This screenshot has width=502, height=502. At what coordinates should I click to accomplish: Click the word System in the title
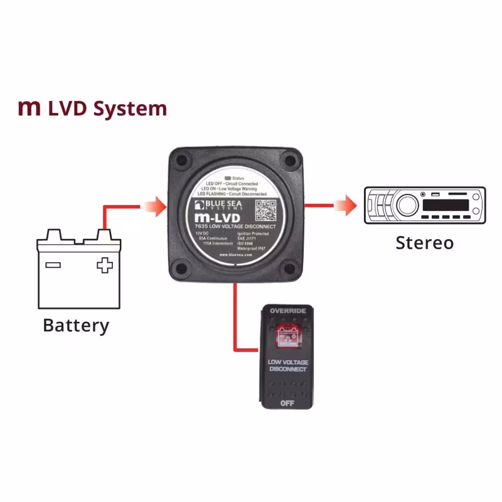tap(130, 109)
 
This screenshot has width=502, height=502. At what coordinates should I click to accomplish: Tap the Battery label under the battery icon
tap(76, 326)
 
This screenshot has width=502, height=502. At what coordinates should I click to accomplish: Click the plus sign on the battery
tap(104, 265)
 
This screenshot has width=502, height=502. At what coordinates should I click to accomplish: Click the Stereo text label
tap(424, 242)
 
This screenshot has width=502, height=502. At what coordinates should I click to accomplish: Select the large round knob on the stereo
tap(406, 205)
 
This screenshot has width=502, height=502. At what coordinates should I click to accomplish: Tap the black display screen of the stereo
tap(446, 205)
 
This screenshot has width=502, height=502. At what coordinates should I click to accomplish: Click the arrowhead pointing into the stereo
tap(342, 205)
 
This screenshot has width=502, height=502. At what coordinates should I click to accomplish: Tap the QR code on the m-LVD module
tap(265, 208)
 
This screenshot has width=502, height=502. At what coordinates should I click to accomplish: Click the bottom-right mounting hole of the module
tap(290, 269)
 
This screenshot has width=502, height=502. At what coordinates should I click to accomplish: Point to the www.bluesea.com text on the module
tap(236, 255)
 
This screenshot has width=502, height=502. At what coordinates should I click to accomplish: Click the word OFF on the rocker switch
tap(287, 402)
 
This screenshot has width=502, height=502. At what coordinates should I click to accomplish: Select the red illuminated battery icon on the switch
tap(287, 337)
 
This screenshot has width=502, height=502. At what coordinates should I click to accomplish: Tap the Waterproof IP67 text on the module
tap(254, 248)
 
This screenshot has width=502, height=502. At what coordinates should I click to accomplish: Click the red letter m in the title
tap(29, 109)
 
